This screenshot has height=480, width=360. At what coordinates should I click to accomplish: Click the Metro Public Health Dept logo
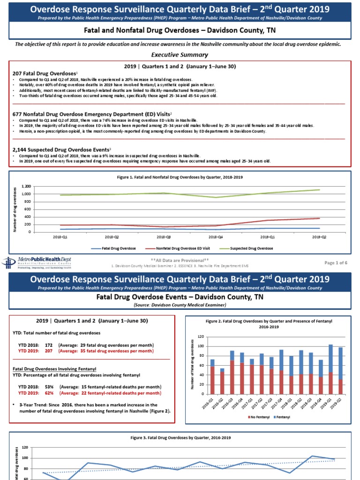point(37,262)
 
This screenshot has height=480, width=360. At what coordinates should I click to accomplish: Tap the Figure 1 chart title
point(180,177)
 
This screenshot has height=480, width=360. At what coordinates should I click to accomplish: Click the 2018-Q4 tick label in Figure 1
point(216,237)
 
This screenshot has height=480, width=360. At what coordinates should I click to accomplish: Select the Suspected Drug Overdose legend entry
point(253,248)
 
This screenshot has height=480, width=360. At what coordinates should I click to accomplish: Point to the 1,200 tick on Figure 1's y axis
point(26,187)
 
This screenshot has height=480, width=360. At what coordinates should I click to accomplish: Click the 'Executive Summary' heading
point(180,54)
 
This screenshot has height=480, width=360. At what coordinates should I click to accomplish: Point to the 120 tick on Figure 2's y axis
point(201,337)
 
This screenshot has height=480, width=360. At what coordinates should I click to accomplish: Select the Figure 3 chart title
point(180,437)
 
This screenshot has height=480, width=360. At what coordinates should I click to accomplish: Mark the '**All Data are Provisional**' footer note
point(180,260)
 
